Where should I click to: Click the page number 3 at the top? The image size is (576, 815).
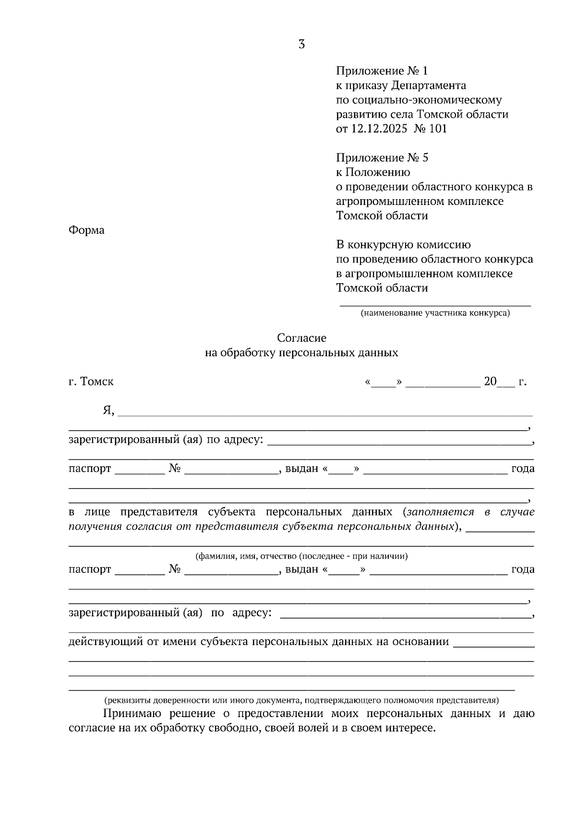301,45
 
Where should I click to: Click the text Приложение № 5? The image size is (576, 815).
382,157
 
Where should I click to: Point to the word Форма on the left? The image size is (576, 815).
86,230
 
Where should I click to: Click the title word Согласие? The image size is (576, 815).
301,338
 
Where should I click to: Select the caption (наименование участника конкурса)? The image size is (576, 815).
435,314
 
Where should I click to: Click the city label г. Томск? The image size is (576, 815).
91,382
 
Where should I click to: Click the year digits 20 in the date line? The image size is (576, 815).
490,382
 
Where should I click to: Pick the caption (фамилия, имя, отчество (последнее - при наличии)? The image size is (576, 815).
301,556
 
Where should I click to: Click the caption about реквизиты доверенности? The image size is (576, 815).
301,700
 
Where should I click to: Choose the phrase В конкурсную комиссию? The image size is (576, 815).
403,245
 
